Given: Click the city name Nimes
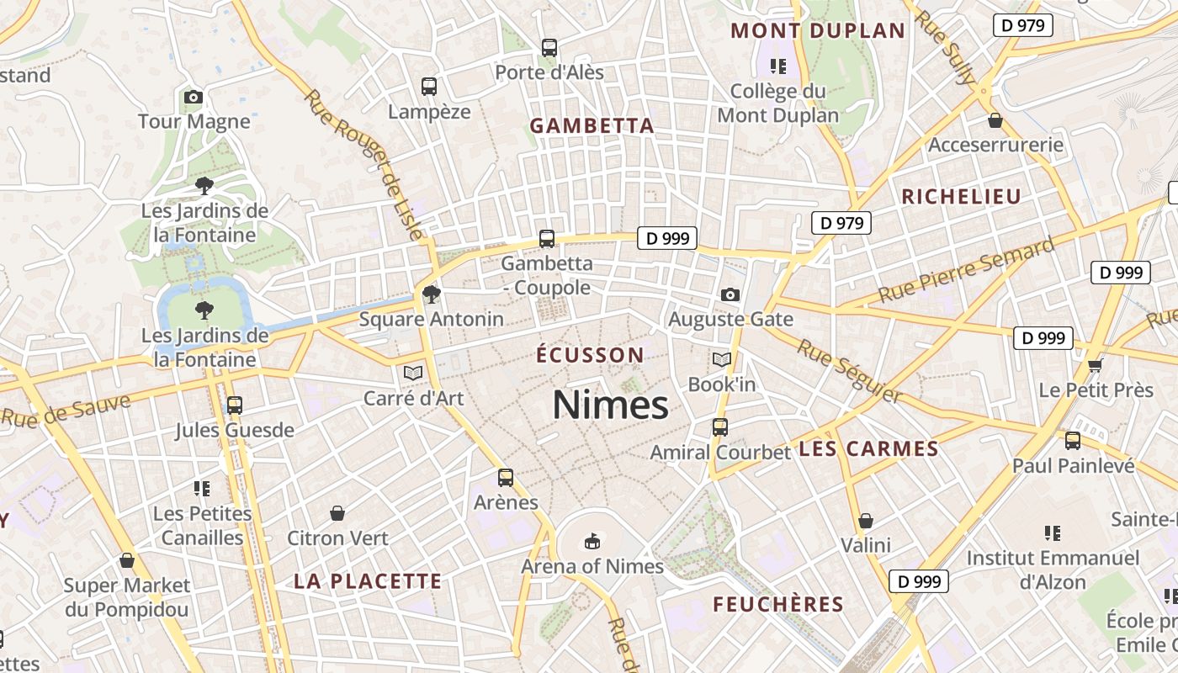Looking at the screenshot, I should [610, 405].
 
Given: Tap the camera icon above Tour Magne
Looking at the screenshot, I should [194, 98].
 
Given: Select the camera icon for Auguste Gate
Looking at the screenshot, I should [730, 294].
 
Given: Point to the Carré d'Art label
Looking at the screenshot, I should [413, 398].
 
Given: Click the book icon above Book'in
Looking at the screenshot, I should [721, 360].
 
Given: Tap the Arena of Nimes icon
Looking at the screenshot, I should [592, 540].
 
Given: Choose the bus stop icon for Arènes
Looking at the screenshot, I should [505, 478].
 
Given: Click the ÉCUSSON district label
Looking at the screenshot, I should [590, 355].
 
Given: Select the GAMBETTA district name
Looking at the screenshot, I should [592, 126].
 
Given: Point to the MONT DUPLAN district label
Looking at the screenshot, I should [818, 31].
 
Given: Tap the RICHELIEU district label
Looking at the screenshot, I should [961, 197].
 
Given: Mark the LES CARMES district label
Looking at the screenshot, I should [868, 449].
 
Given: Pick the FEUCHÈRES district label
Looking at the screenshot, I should [778, 604].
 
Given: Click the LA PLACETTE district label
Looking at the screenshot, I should [368, 581].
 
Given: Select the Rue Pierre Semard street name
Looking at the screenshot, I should [966, 271].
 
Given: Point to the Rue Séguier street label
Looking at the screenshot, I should [850, 371].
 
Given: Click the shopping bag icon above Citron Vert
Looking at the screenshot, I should [337, 512].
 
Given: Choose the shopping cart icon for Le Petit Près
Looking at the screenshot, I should [1095, 365].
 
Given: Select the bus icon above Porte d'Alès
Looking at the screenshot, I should [549, 48].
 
